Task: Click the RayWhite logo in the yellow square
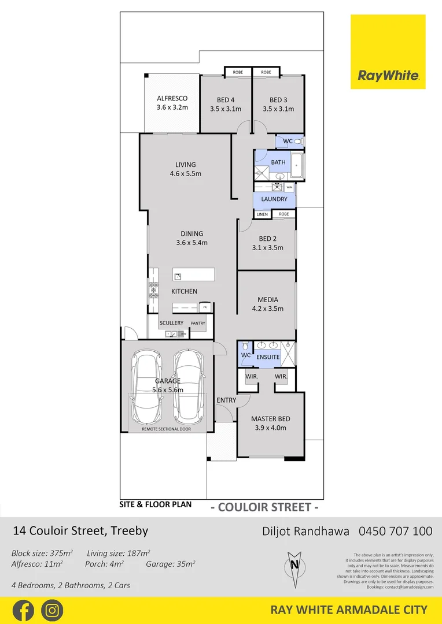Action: [x=388, y=75]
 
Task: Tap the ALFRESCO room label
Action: [x=172, y=99]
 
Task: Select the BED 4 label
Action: [x=225, y=100]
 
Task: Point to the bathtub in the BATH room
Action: [x=297, y=165]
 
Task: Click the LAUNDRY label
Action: [x=274, y=199]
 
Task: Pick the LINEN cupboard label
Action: [x=262, y=214]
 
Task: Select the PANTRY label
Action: [x=198, y=323]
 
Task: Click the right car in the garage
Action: [x=189, y=387]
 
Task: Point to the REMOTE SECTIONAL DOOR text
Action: [x=167, y=429]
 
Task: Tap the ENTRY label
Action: [x=226, y=400]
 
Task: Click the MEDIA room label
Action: [x=268, y=300]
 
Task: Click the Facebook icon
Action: [x=23, y=610]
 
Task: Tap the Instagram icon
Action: [x=52, y=610]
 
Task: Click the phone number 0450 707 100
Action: [x=395, y=531]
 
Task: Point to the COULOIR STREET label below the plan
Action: [x=265, y=508]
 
